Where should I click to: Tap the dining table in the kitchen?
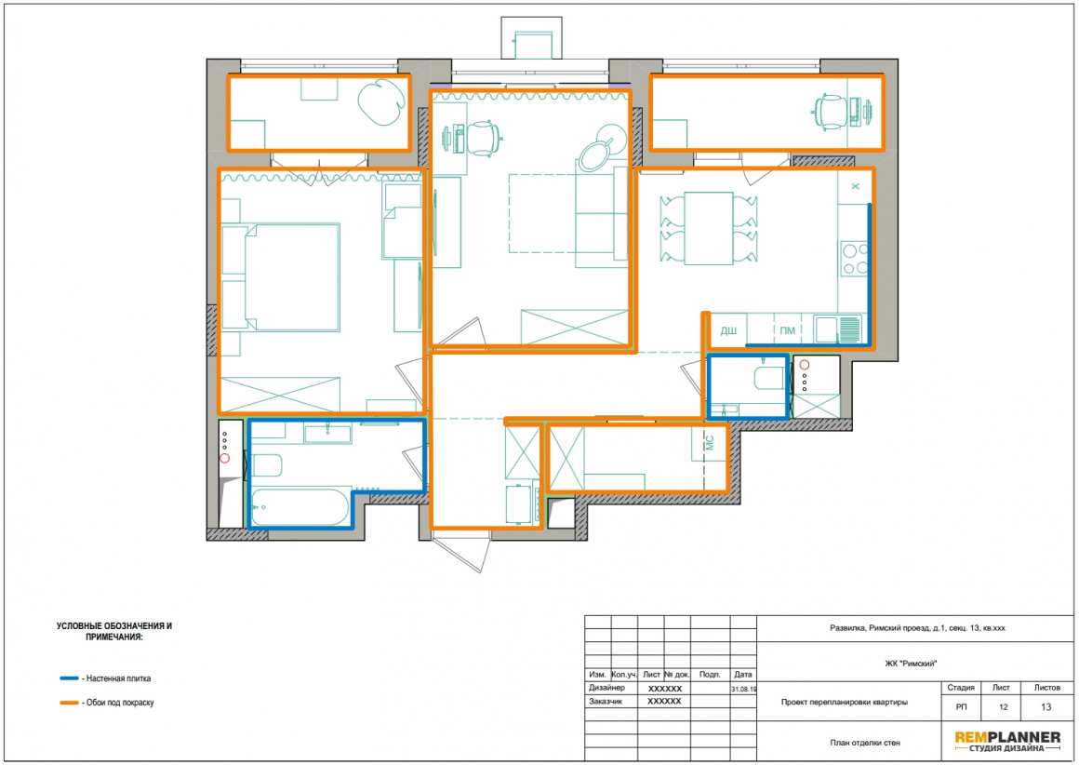tap(708, 229)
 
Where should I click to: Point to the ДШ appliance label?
tap(728, 330)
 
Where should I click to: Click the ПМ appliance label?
tap(788, 330)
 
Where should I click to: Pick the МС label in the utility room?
tap(710, 442)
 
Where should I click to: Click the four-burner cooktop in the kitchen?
tap(854, 259)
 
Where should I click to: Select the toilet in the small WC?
tap(769, 378)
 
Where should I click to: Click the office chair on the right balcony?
tap(831, 112)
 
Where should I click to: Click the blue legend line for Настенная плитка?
tap(69, 678)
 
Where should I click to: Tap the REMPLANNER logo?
tap(1007, 741)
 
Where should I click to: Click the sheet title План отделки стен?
tap(864, 743)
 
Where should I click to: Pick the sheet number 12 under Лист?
tap(1003, 707)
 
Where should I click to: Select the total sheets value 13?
tap(1046, 707)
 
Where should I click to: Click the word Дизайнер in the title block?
tap(606, 688)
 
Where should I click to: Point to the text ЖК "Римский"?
tap(911, 664)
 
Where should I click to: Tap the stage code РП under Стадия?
tap(961, 707)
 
